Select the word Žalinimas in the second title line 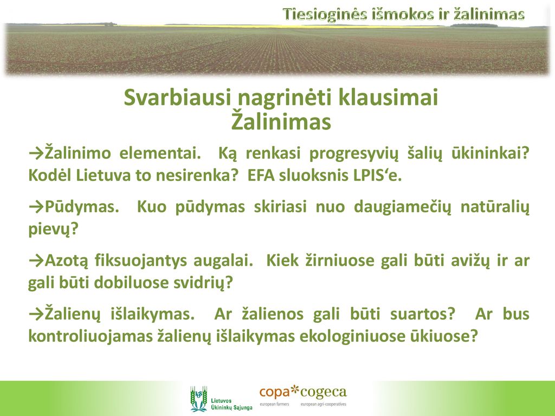[281, 122]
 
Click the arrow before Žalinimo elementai [36, 154]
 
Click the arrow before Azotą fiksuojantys [36, 261]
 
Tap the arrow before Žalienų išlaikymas [36, 314]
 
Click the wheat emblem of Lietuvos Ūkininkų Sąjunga [198, 399]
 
